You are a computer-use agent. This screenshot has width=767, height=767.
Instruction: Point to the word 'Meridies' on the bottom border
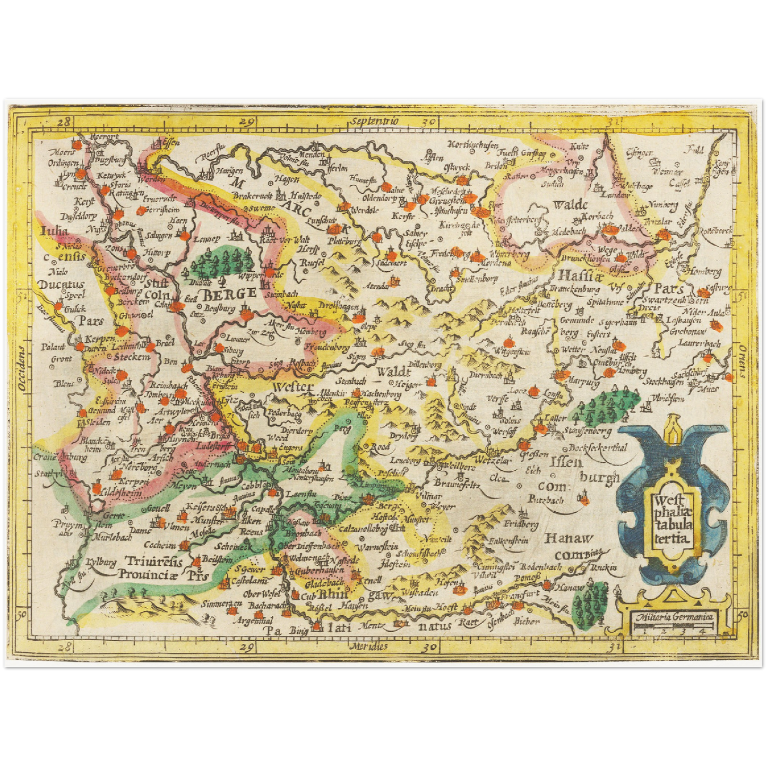click(x=368, y=646)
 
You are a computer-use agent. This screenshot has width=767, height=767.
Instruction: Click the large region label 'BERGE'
click(x=230, y=293)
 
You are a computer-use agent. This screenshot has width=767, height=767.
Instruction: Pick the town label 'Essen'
click(x=170, y=142)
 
